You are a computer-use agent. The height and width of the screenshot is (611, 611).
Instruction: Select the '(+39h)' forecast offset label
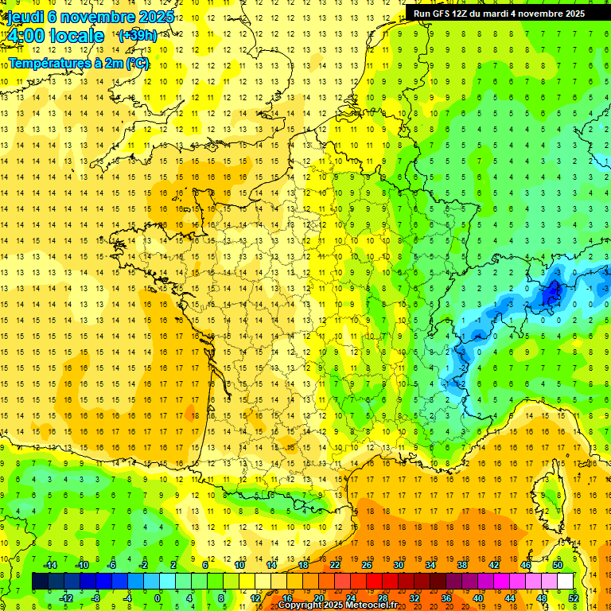(137, 36)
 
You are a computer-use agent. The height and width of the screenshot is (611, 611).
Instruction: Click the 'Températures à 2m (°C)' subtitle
(79, 63)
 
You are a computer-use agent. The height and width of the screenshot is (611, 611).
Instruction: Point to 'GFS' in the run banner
(444, 14)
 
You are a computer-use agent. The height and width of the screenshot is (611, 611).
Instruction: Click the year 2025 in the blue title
(156, 17)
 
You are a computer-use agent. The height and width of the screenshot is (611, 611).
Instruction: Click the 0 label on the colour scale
(157, 597)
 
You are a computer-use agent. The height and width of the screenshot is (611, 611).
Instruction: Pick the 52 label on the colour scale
(573, 597)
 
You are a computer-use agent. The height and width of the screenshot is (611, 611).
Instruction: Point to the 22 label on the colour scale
(335, 564)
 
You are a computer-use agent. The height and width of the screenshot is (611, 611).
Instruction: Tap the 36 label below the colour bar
(446, 597)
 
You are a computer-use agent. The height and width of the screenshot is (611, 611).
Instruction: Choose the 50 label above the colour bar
(557, 564)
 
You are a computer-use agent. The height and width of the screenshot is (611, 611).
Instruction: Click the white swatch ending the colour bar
(565, 581)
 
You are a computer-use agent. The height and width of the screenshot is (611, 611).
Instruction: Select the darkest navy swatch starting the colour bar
(40, 581)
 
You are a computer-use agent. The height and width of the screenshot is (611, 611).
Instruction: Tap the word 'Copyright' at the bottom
(300, 605)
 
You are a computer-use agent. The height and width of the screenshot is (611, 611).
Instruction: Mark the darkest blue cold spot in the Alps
(550, 294)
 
